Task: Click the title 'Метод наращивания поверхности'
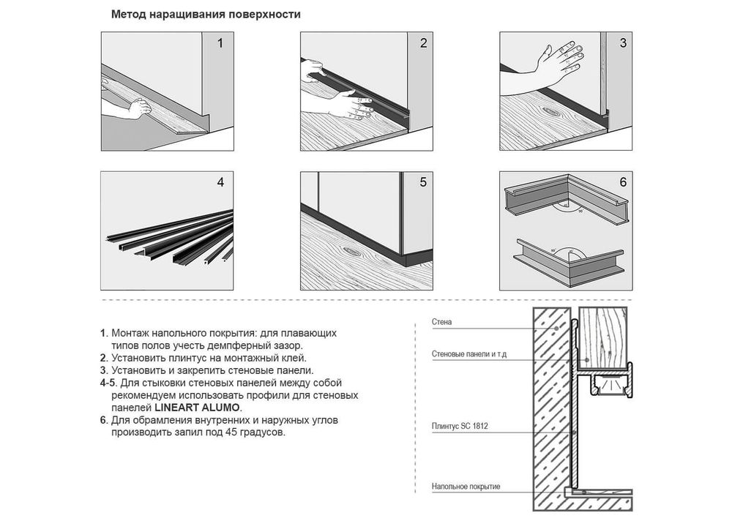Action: (206, 15)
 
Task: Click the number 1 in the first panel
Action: (220, 43)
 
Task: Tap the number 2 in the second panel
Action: (423, 43)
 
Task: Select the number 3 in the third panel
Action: (623, 43)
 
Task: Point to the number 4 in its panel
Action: (220, 182)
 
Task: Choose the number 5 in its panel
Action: (423, 182)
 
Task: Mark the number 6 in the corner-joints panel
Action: (623, 182)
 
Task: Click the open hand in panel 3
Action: (560, 62)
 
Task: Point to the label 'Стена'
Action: (441, 322)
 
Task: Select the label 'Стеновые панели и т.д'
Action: (469, 354)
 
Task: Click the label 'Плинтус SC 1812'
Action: (460, 426)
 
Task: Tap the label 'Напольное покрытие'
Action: (466, 487)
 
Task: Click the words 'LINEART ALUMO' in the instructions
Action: (198, 408)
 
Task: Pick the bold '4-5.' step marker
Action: (109, 383)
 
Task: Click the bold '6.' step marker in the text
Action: (104, 420)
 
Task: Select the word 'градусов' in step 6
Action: (262, 432)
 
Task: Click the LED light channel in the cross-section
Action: (611, 383)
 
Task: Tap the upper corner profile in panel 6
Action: (568, 200)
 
